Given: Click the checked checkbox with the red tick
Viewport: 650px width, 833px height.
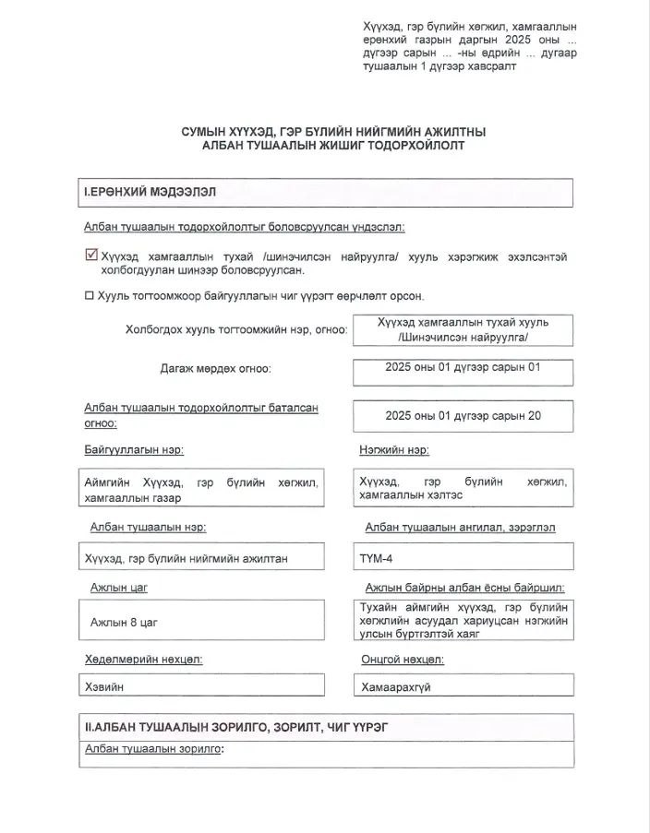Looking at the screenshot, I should point(90,256).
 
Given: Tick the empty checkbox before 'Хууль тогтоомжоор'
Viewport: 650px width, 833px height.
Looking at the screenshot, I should point(90,296).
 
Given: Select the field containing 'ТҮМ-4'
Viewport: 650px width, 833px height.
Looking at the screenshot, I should point(463,557).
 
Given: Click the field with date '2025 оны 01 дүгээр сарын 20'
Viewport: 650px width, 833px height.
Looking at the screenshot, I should point(463,416).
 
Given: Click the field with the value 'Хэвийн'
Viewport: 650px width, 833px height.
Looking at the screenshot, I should point(202,686).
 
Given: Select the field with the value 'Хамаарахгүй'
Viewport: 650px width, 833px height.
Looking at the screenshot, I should point(463,686).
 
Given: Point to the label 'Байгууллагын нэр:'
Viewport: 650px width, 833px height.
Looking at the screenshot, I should point(134,450).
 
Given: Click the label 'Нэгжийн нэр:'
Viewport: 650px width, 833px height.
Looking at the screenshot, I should point(393,450).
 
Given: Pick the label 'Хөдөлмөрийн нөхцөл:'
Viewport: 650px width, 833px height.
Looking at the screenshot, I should point(143,659).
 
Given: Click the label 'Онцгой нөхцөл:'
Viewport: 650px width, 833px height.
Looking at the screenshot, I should point(403,659).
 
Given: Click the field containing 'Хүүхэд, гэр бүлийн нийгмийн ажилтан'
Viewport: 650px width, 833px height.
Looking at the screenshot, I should point(202,557).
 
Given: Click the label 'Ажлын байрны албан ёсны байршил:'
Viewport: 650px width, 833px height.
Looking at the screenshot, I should point(464,588).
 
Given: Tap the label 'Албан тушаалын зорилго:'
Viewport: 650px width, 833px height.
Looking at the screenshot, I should point(154,749).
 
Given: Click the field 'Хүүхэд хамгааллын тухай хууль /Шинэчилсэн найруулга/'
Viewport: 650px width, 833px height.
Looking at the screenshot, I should point(463,330).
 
